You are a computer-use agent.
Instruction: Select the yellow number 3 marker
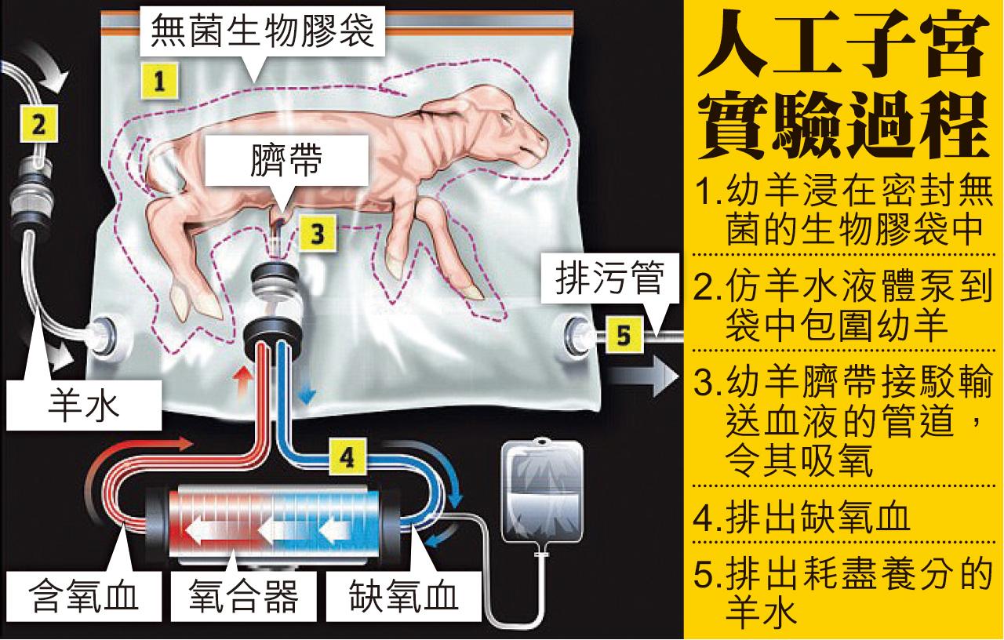315,233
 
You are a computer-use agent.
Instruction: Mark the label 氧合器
244,598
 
